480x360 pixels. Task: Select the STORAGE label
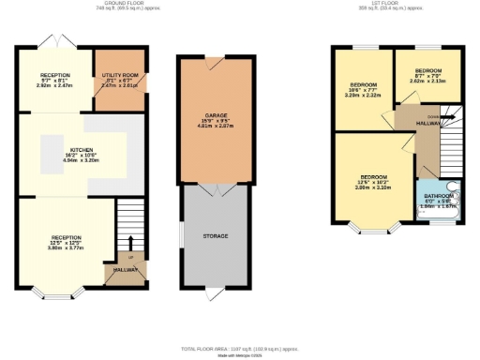217,235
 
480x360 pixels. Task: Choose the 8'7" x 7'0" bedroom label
427,70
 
